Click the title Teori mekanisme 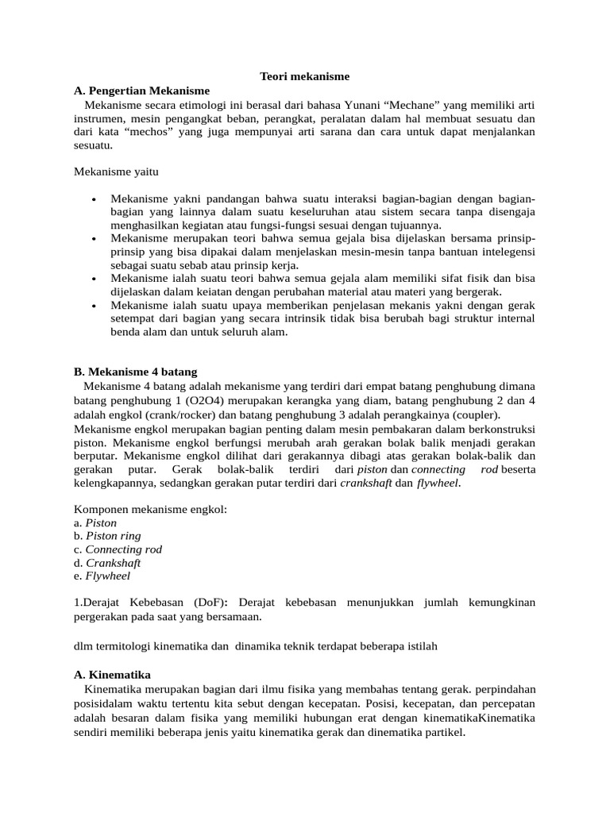point(305,76)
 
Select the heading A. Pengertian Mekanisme point(142,90)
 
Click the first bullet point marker point(95,198)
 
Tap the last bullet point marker point(95,306)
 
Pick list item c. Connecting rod point(118,549)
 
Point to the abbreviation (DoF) point(205,603)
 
